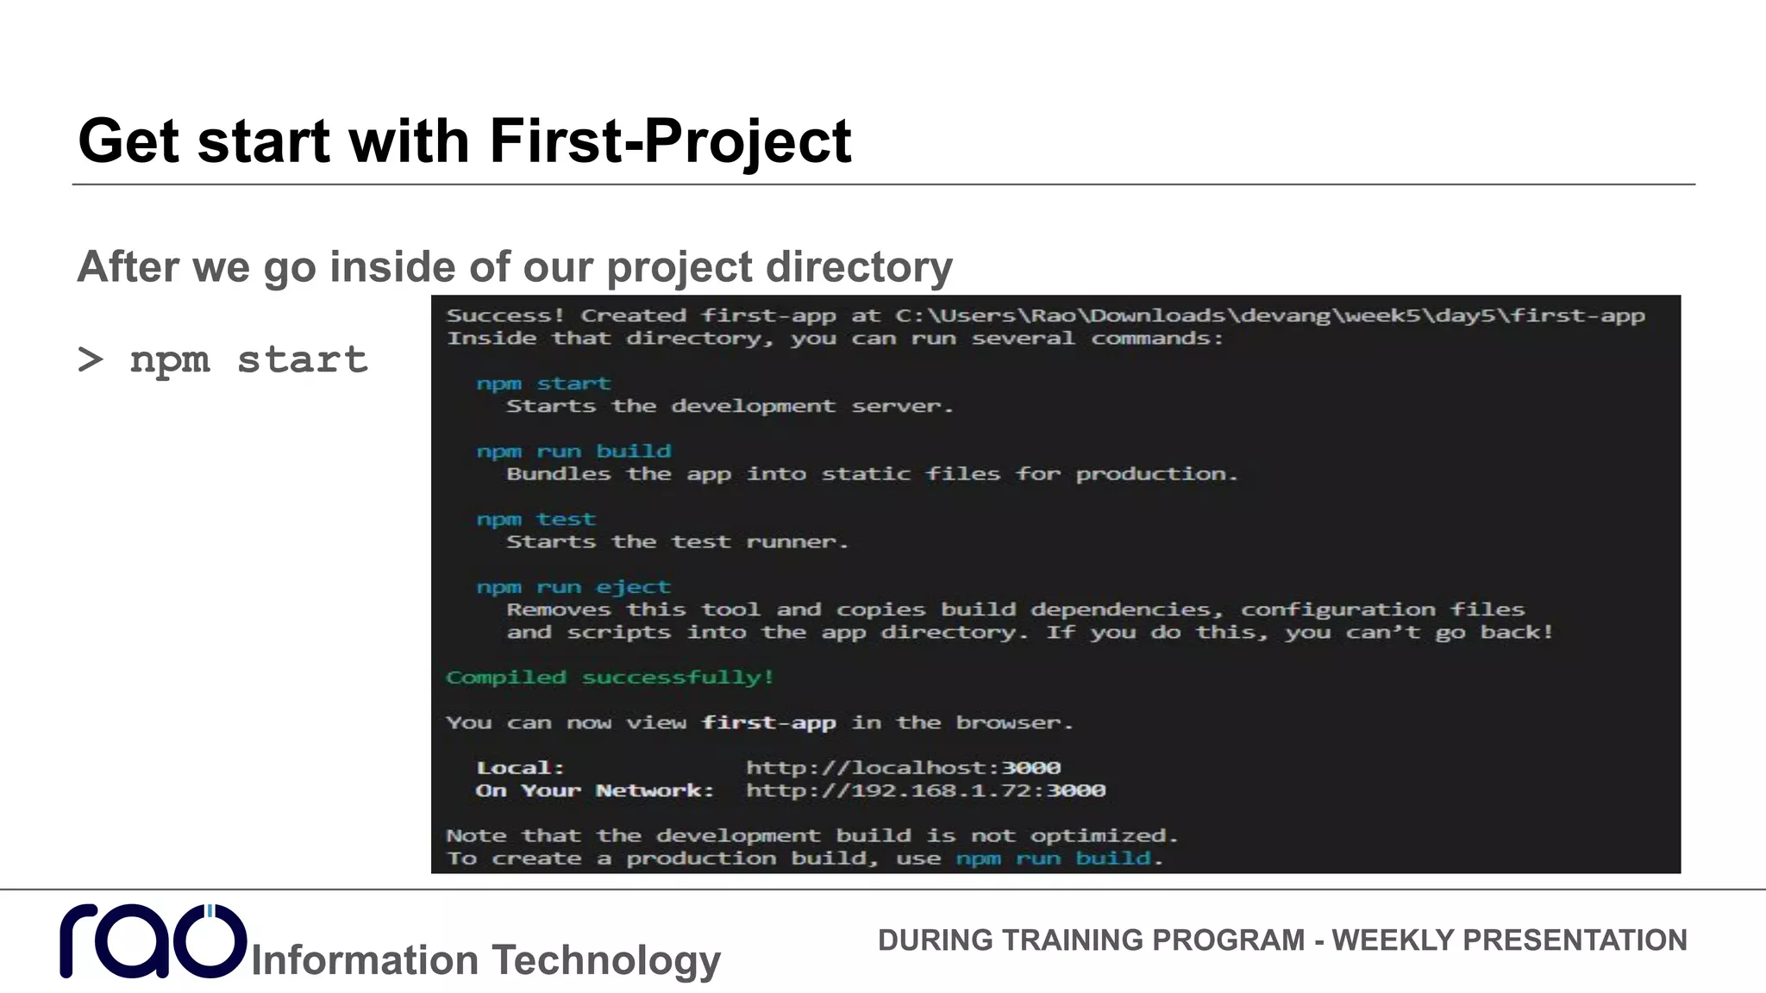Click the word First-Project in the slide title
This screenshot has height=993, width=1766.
[670, 141]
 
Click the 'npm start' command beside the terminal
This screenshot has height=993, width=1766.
[248, 359]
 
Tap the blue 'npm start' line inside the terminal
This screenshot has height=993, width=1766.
[543, 384]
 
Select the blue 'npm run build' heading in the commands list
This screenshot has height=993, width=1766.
[573, 451]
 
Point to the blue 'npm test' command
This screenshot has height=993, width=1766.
[535, 519]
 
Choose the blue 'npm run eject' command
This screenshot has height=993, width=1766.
[573, 587]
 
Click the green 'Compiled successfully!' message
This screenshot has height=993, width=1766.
[610, 678]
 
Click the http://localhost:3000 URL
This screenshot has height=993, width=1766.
[903, 767]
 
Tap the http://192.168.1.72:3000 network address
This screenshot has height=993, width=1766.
[925, 790]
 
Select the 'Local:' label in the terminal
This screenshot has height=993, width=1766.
[520, 767]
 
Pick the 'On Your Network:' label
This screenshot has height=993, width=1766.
[595, 790]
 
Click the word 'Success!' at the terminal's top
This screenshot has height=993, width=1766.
[505, 315]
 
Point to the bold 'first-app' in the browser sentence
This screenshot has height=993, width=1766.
[768, 722]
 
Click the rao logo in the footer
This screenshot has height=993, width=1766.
[153, 940]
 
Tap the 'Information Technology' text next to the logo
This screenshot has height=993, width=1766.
[485, 959]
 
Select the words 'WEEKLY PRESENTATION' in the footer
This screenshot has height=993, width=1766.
[1509, 940]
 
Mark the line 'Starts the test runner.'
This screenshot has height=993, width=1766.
[677, 542]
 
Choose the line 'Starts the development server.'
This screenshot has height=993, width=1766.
[730, 406]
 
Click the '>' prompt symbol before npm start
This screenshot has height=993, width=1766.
[91, 359]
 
